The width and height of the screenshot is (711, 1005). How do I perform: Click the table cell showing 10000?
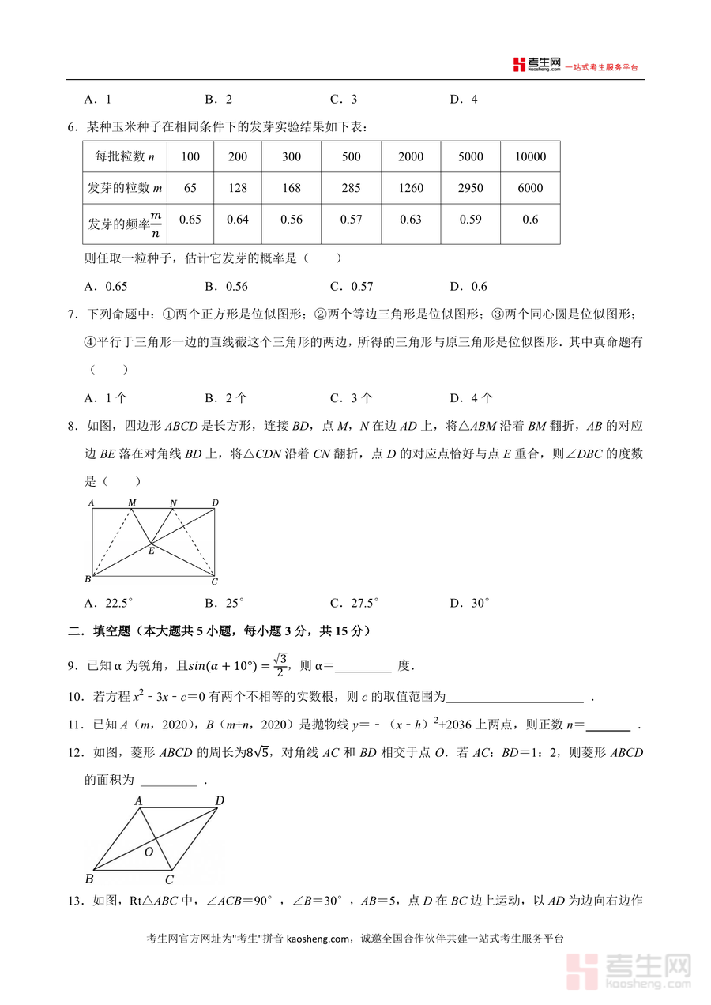click(530, 156)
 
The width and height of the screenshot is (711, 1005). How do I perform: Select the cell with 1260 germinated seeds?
click(411, 188)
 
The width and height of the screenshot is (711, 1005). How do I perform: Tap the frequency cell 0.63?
click(411, 220)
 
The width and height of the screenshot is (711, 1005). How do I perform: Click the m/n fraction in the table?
click(156, 224)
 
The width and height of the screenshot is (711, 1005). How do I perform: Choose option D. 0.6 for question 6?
click(468, 287)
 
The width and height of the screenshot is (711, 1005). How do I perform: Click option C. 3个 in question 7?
click(352, 398)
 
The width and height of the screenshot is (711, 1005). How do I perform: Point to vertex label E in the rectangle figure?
click(151, 551)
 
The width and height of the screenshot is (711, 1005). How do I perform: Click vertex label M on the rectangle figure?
click(131, 502)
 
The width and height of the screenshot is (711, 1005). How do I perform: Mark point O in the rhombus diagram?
click(149, 852)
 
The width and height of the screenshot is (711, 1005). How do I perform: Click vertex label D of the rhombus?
click(220, 801)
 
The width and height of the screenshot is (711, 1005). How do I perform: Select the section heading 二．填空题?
click(103, 631)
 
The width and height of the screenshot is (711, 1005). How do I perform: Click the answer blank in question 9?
click(363, 665)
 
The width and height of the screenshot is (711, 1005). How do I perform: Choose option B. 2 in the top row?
click(218, 100)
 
